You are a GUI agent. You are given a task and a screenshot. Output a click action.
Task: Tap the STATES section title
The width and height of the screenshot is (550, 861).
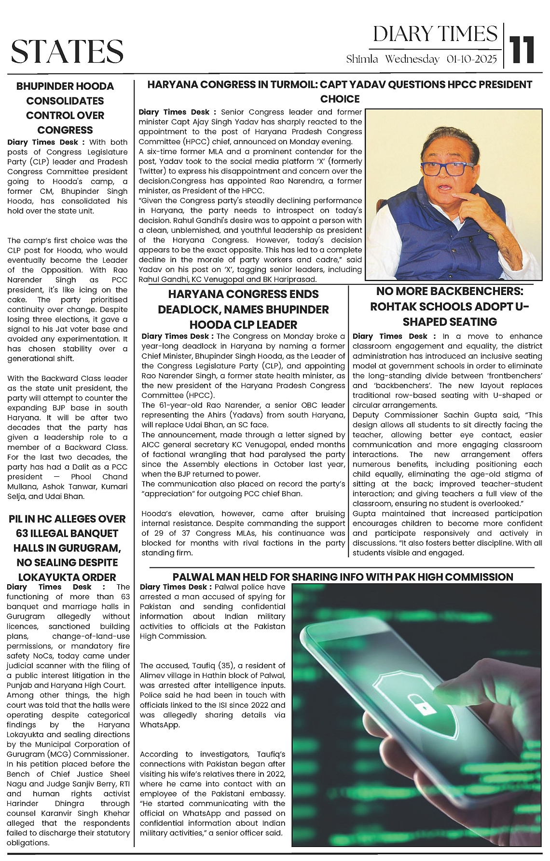pos(67,51)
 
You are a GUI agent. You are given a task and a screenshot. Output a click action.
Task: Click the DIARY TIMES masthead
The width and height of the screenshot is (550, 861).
pos(435,34)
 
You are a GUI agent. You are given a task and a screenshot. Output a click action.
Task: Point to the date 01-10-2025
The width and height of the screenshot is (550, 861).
pos(471,59)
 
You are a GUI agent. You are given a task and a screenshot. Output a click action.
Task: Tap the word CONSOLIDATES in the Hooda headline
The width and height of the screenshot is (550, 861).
pos(65,101)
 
